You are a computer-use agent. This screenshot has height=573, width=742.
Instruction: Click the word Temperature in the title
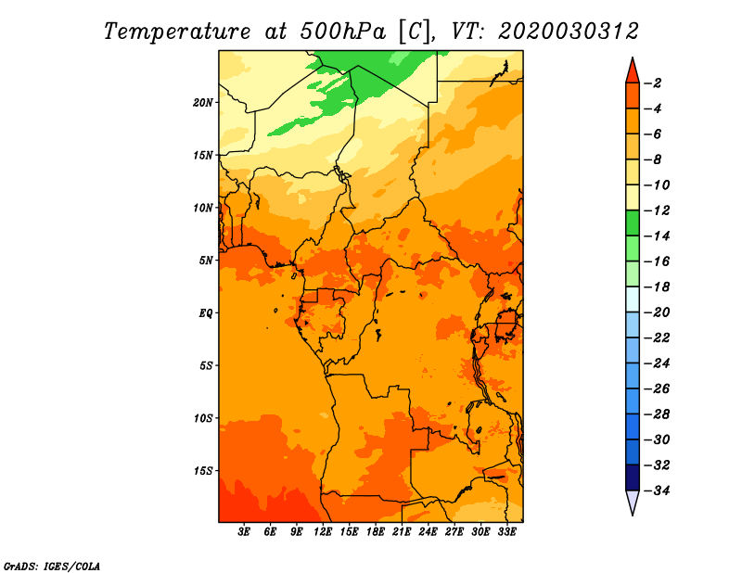click(x=177, y=32)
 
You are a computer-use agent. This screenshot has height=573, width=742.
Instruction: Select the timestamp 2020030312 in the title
click(x=569, y=32)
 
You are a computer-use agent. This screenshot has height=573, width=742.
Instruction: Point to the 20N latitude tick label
click(x=203, y=103)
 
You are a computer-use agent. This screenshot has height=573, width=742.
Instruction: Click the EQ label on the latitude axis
click(x=205, y=313)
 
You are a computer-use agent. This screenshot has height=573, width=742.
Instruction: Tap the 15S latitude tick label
click(x=203, y=471)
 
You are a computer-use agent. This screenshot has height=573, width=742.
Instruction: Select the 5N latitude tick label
click(x=206, y=261)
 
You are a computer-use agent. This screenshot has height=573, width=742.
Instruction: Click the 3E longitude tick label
click(x=244, y=532)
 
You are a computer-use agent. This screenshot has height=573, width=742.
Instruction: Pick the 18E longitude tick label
click(x=376, y=532)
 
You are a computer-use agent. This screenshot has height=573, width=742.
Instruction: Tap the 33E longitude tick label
click(x=506, y=532)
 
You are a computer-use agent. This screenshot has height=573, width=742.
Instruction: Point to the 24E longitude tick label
click(x=428, y=532)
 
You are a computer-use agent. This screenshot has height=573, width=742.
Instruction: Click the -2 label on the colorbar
click(x=653, y=83)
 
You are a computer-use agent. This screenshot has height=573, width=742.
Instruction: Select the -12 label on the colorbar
click(x=658, y=210)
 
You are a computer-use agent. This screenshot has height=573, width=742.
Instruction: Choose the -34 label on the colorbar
click(x=658, y=490)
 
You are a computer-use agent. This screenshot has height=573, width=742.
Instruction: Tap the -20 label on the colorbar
click(x=658, y=312)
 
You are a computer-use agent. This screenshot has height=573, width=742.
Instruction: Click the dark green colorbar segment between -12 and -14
click(x=633, y=223)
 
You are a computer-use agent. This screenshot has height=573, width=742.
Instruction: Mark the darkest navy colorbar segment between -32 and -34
click(x=633, y=477)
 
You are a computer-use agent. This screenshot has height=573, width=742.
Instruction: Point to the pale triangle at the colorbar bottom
click(x=633, y=503)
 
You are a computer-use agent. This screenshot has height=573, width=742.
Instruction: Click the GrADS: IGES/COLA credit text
click(x=52, y=567)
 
